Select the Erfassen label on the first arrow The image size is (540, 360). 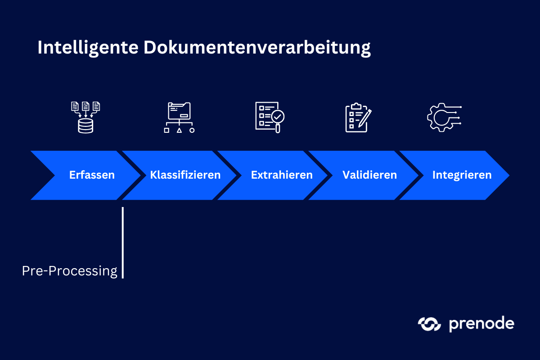point(92,175)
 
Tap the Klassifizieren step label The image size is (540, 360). point(185,175)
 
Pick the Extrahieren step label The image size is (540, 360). point(282,175)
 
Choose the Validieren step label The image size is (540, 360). point(369,175)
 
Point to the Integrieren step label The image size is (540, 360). point(462,175)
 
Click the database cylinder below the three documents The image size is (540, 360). point(85,126)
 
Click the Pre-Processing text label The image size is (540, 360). point(69,271)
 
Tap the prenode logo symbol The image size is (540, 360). point(429,324)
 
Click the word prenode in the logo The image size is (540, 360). point(481,324)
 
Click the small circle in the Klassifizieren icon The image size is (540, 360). point(192,130)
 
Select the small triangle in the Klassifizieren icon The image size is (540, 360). point(179,130)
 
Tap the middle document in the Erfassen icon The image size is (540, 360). point(85,106)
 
